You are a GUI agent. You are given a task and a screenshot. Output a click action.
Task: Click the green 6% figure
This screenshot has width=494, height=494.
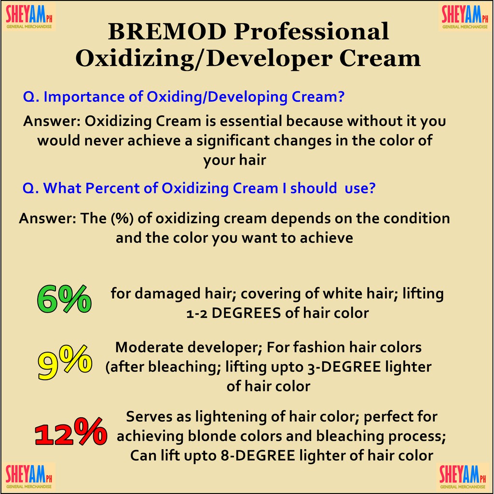[x=64, y=299]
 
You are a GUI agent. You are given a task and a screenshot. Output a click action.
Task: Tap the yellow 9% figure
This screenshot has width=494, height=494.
[x=65, y=362]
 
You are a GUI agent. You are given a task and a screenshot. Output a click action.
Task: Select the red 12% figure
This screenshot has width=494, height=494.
[x=71, y=431]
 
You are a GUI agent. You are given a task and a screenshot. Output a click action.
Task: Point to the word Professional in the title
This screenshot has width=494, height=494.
[x=311, y=32]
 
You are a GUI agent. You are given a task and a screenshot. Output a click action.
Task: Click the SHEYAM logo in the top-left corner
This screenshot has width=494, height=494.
[x=29, y=17]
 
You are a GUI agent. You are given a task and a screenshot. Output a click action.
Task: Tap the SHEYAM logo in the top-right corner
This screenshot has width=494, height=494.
[x=465, y=17]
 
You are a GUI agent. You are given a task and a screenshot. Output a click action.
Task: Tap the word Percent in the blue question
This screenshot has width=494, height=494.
[x=112, y=189]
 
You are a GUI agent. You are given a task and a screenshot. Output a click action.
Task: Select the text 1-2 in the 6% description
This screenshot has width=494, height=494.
[x=197, y=314]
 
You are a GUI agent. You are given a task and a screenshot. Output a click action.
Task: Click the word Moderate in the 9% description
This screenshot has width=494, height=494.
[x=150, y=347]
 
